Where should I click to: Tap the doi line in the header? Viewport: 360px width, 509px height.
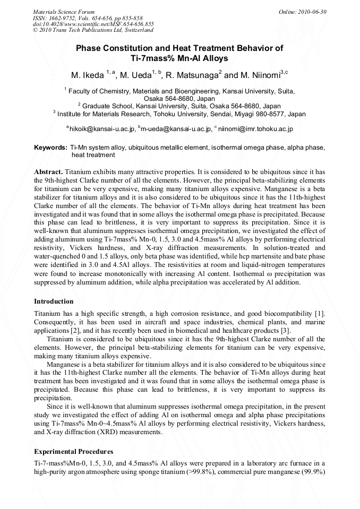click(93, 24)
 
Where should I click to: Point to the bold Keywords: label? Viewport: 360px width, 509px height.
click(50, 147)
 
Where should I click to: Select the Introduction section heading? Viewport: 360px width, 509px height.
click(54, 301)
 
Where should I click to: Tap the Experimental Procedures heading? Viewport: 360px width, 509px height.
click(73, 452)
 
